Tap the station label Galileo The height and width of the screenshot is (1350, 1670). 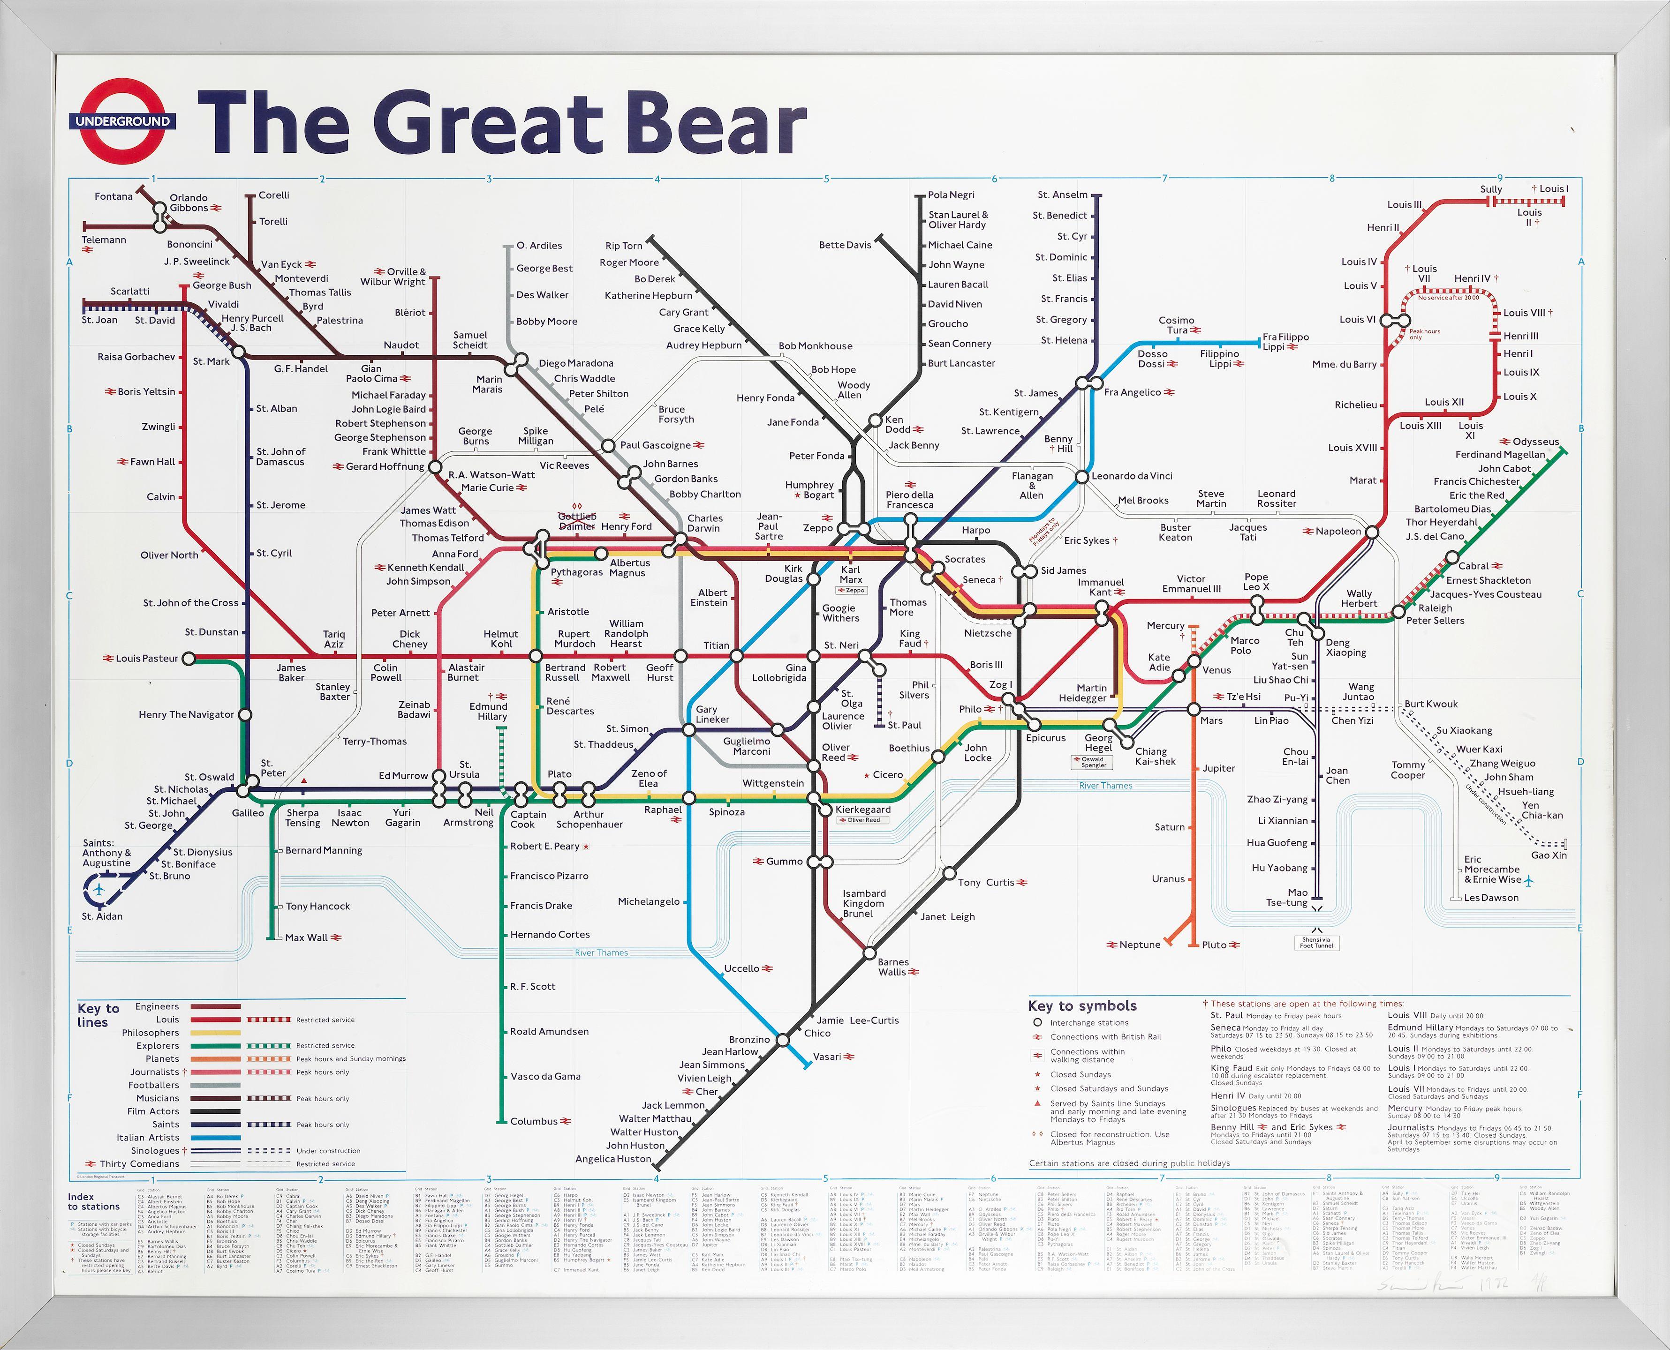[248, 813]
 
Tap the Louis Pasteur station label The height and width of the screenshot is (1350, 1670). [147, 659]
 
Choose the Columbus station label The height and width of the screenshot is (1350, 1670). [534, 1121]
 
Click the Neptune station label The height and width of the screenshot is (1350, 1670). [1140, 945]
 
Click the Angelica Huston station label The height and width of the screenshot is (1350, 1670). [613, 1159]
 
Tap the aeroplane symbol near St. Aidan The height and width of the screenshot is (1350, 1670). [99, 889]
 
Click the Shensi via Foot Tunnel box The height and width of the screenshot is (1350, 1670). [1316, 943]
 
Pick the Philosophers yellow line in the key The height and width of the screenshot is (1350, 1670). [215, 1033]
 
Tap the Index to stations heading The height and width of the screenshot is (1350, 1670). [93, 1201]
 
